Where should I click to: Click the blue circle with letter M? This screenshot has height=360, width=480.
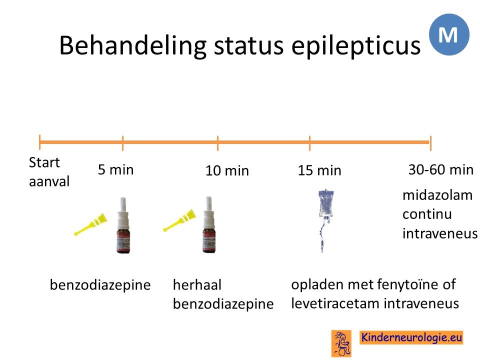point(449,34)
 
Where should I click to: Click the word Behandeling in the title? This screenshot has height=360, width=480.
point(133,46)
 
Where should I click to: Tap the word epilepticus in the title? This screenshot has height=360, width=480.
point(355,46)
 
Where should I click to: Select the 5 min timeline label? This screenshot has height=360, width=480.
point(115,169)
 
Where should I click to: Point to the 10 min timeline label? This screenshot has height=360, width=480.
point(227,170)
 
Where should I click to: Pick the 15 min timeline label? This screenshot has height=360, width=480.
point(319,170)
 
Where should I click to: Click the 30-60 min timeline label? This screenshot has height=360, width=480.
point(441,169)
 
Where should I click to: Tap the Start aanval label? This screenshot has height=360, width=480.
point(49,171)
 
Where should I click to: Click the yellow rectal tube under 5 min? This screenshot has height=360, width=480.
point(90,224)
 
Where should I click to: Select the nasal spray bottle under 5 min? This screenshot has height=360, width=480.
point(123,225)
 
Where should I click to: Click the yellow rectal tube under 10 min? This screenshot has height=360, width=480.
point(179,220)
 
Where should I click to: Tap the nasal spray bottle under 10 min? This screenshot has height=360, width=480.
point(209,224)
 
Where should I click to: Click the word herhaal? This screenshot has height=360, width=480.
point(197,285)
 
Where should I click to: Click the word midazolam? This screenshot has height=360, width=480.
point(437,195)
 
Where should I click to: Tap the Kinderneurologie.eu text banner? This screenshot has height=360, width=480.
point(411,337)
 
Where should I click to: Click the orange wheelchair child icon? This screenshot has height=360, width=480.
point(341,343)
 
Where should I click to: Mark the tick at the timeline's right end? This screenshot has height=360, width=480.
point(430,143)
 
